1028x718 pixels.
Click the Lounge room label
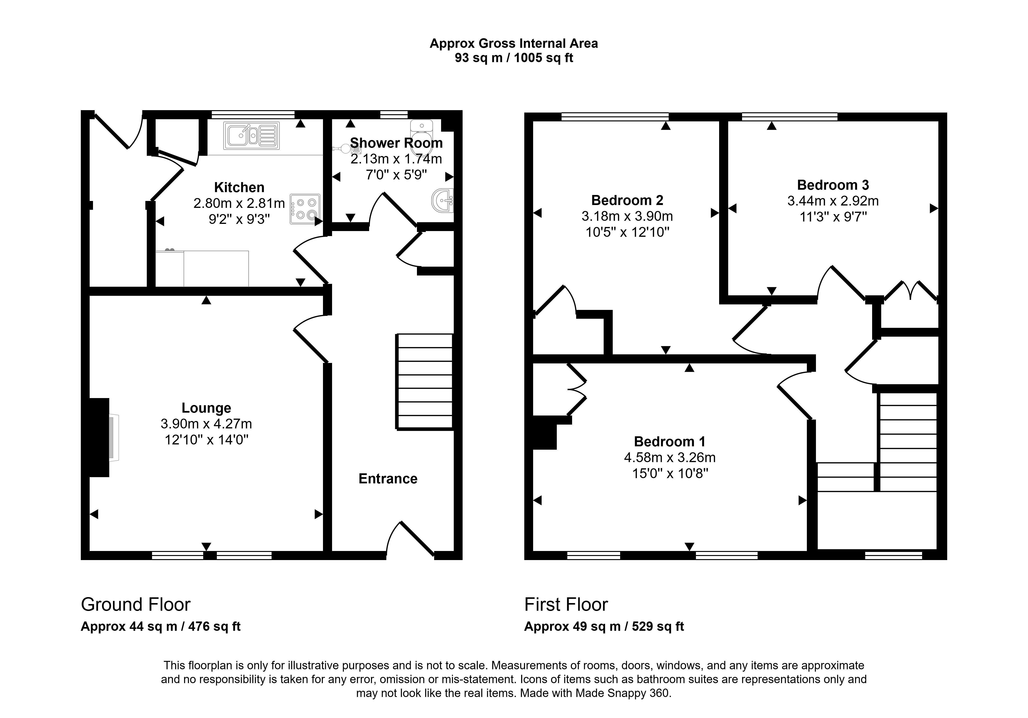206,408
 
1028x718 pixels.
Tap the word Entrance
388,479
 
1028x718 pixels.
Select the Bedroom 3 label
833,185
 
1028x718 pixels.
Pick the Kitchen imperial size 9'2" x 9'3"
239,219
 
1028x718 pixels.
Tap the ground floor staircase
424,382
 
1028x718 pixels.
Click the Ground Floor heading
136,604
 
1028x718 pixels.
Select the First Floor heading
566,604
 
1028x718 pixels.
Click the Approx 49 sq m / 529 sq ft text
604,626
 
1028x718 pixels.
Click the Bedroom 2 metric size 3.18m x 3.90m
627,216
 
